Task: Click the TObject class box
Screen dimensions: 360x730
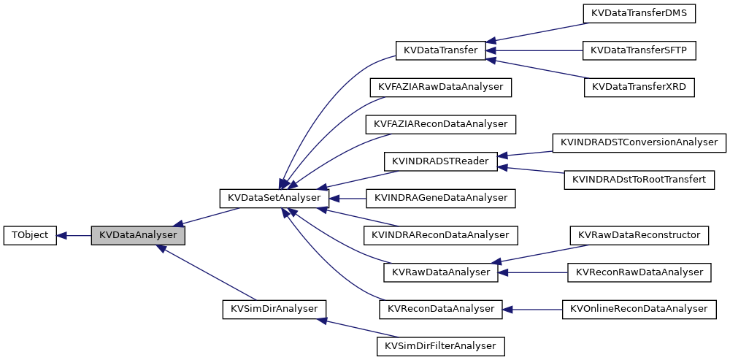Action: coord(30,235)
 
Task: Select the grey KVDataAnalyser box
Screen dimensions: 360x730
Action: coord(138,235)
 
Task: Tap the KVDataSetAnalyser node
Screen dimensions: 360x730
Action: coord(274,198)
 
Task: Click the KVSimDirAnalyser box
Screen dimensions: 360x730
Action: coord(274,309)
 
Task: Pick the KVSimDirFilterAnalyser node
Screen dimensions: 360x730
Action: coord(441,345)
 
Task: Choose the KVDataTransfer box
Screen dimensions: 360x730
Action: coord(441,50)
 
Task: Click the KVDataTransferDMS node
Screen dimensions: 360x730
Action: coord(639,13)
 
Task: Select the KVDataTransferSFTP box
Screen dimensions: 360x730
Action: coord(639,50)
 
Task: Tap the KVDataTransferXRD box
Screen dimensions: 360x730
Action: coord(639,87)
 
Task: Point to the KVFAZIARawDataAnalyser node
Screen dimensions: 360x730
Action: coord(441,87)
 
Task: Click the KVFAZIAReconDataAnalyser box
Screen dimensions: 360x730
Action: coord(441,124)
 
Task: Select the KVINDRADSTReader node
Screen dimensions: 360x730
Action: coord(441,161)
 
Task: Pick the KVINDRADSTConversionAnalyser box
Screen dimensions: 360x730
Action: coord(639,142)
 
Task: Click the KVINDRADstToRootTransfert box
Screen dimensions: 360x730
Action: coord(639,180)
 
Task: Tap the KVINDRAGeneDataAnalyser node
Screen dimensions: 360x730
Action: coord(441,198)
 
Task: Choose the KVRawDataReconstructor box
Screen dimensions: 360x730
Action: coord(639,235)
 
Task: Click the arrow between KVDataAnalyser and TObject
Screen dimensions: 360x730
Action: coord(74,235)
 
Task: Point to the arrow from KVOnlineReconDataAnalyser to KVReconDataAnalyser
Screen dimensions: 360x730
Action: coord(532,309)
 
